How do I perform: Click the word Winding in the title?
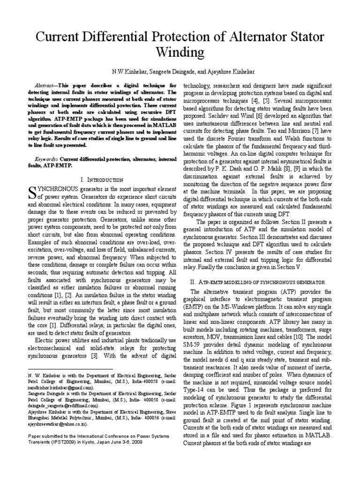coord(180,50)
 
